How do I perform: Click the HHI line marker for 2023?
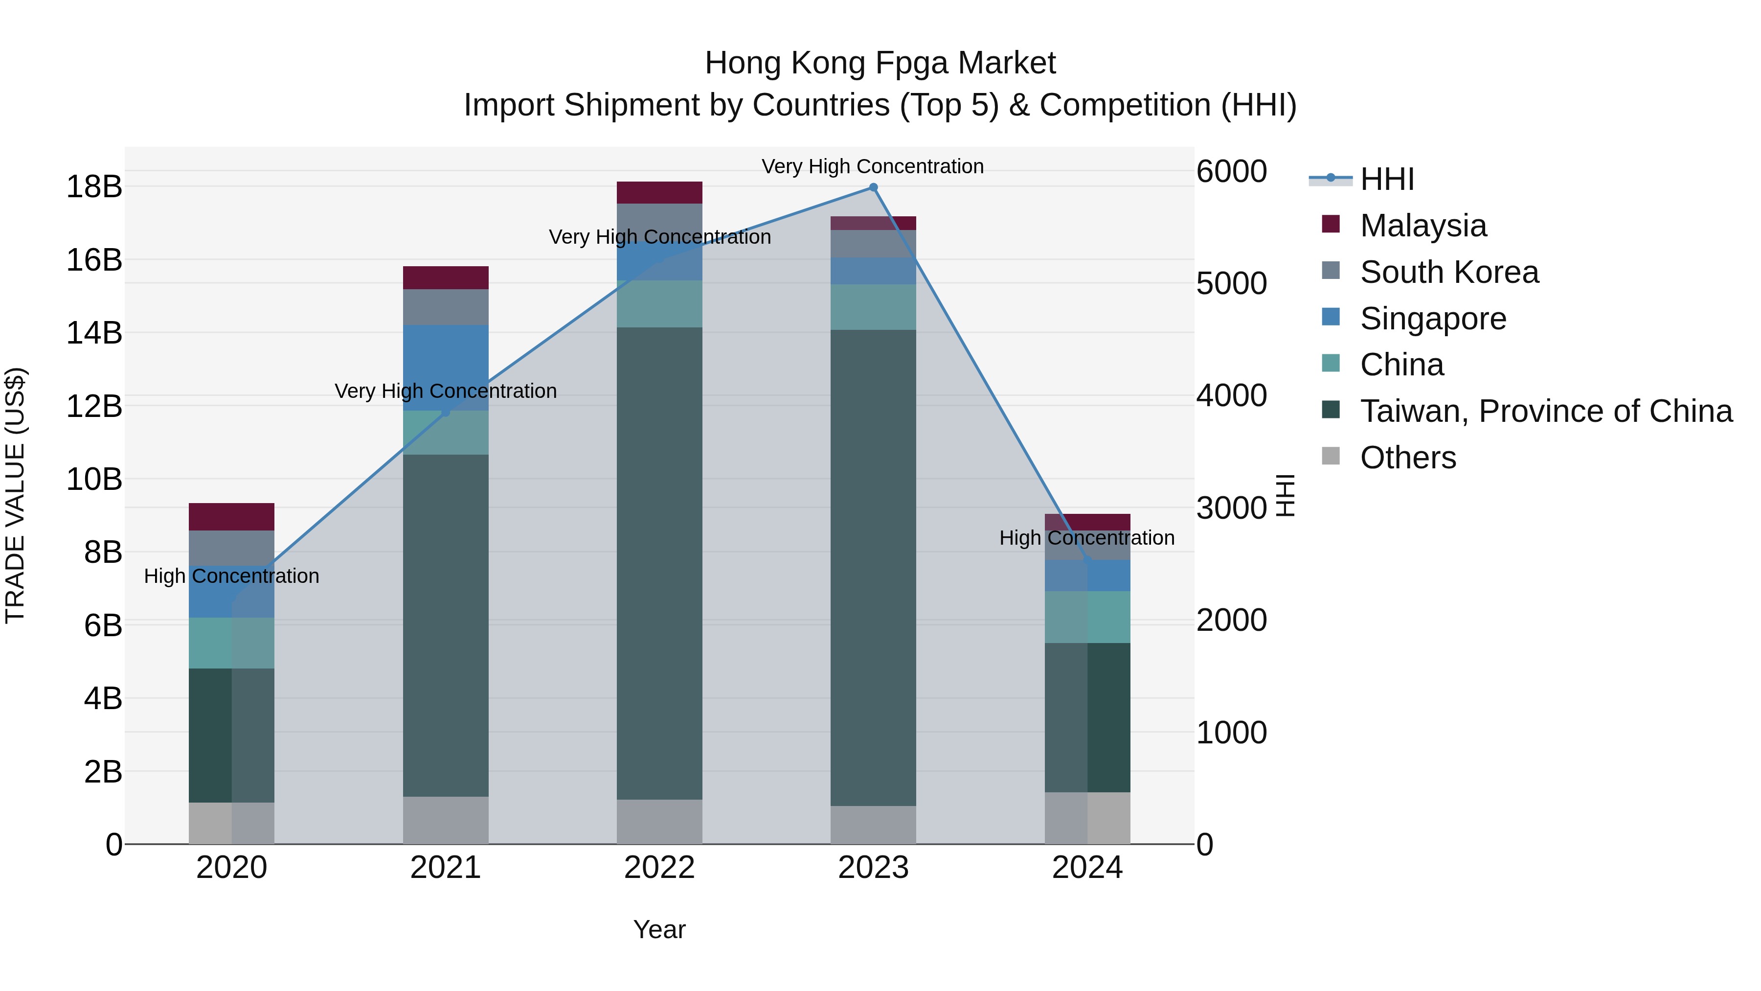coord(873,187)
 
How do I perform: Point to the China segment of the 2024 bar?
coord(1087,617)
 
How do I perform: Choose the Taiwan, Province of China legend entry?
coord(1545,411)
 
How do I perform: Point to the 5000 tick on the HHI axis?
coord(1231,283)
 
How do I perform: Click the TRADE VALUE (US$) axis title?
coord(16,495)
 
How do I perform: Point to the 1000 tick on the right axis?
coord(1231,733)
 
